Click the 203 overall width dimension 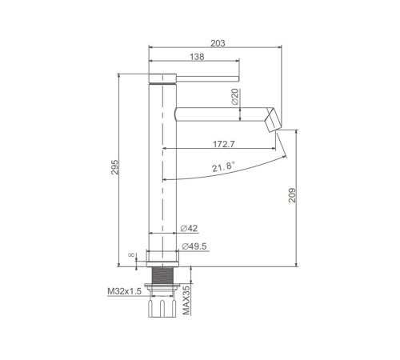tap(218, 43)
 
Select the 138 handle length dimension tap(197, 57)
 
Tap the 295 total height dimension tap(114, 167)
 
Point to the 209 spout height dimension tap(292, 195)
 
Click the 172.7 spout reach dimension tap(224, 144)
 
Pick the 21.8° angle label tap(223, 166)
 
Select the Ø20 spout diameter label tap(235, 97)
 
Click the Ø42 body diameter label tap(189, 228)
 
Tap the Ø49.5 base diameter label tap(194, 246)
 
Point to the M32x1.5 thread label tap(124, 291)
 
